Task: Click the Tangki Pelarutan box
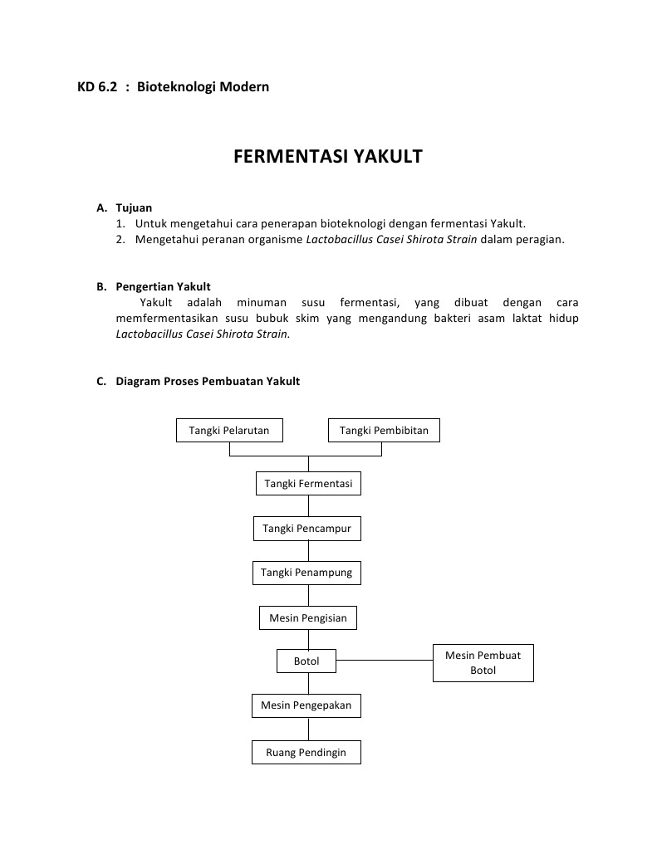(229, 431)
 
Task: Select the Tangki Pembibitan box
(384, 431)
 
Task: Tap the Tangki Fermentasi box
(308, 483)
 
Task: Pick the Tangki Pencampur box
(307, 528)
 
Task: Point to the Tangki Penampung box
(306, 573)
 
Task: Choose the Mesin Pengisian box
(308, 617)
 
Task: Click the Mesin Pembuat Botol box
(483, 662)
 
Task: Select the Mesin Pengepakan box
(306, 705)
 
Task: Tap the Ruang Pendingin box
(306, 753)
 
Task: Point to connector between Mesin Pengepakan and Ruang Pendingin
(308, 729)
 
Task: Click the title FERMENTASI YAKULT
(328, 157)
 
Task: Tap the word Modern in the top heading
(244, 86)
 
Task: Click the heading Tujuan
(134, 207)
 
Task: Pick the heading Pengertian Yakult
(163, 287)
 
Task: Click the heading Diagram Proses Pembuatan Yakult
(208, 382)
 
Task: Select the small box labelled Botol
(306, 661)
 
